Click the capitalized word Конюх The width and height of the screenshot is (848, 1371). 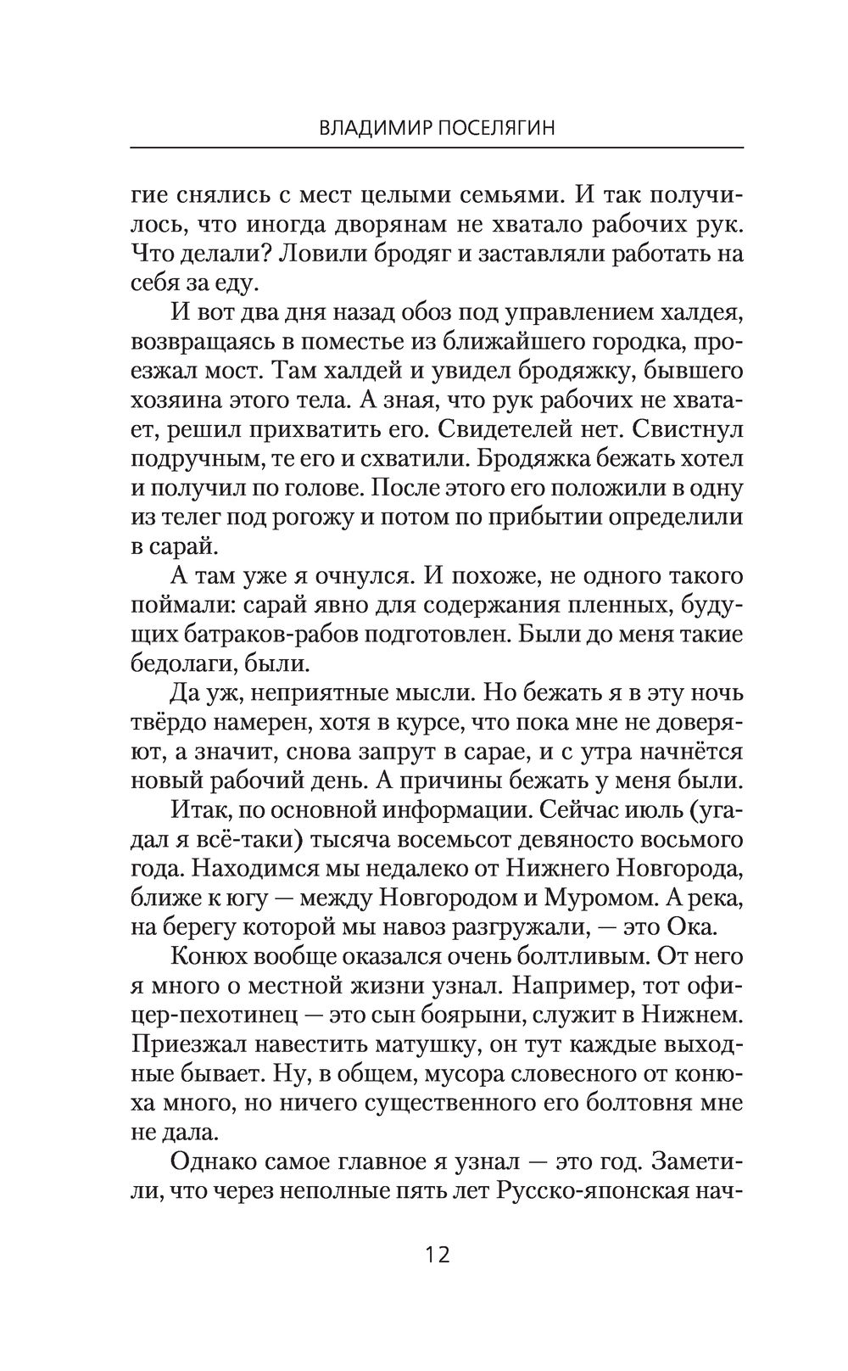pos(207,957)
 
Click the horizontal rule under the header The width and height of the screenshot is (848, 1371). pos(437,148)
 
